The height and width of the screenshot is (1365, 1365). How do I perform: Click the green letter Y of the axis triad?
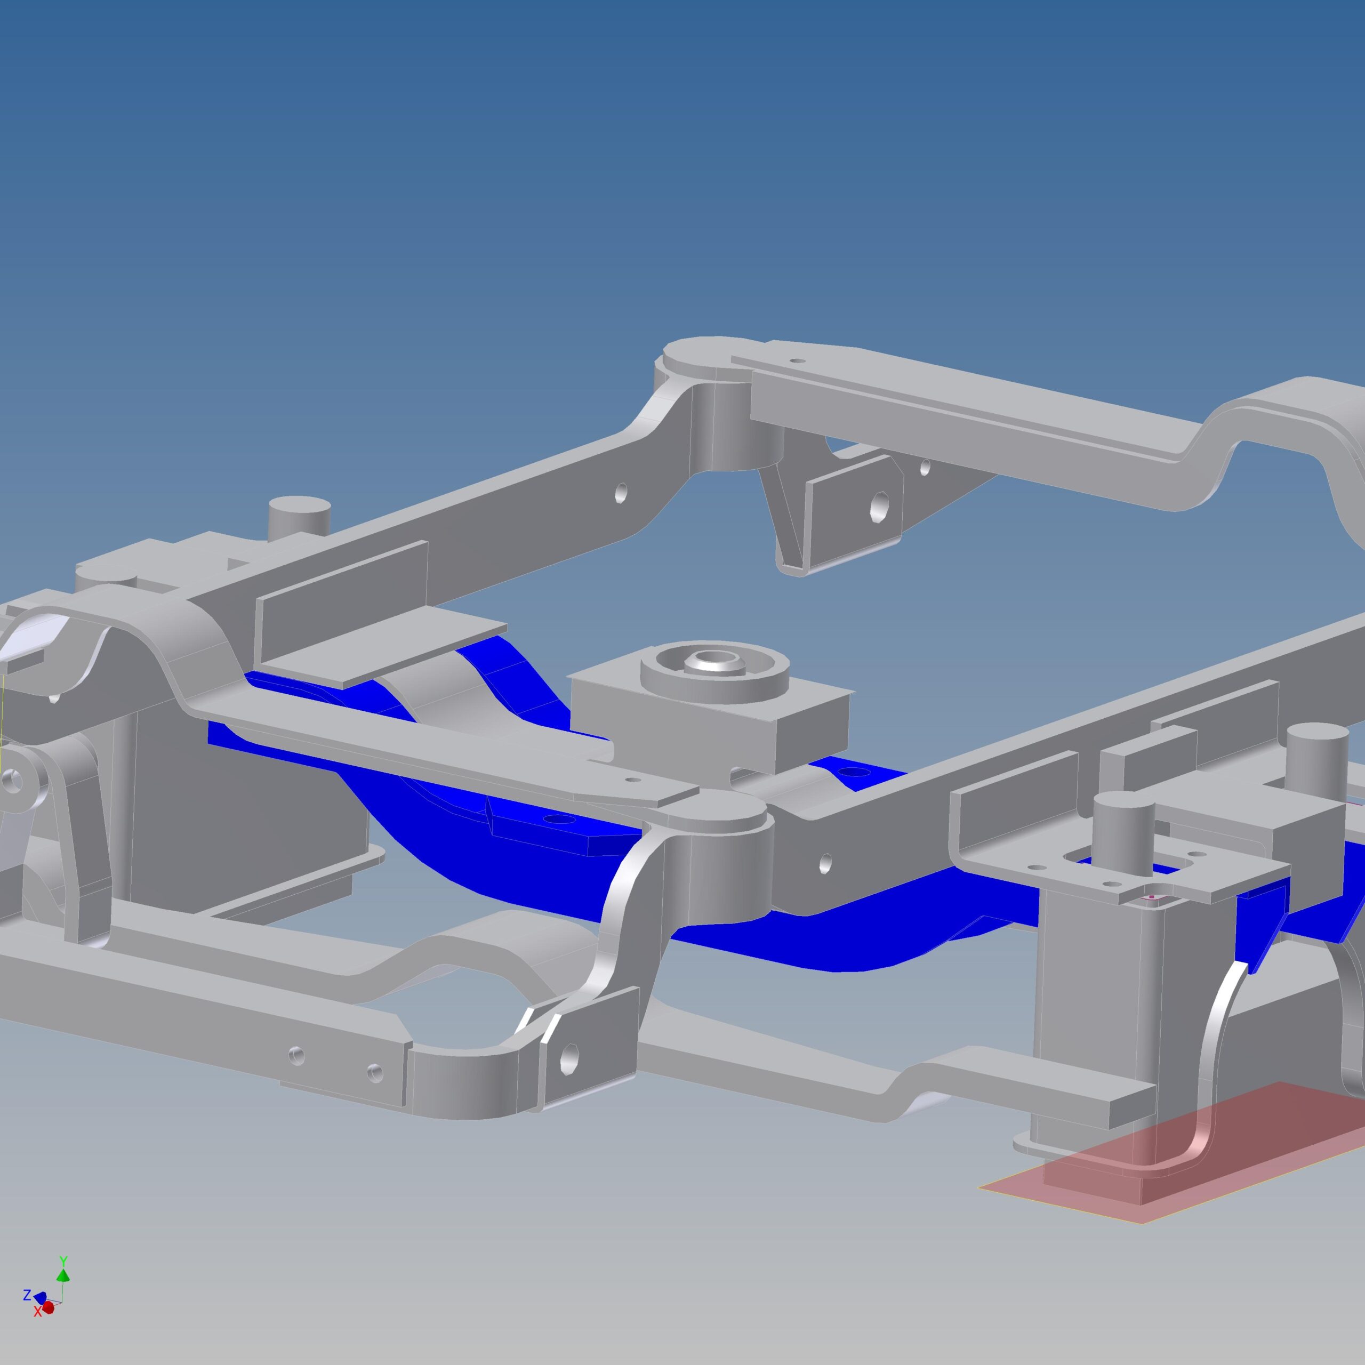(x=63, y=1261)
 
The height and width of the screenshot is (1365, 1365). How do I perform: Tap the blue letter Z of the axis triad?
(x=27, y=1296)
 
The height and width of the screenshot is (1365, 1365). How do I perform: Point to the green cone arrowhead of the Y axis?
(x=63, y=1274)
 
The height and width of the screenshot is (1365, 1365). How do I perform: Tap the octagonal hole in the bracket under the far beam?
(x=880, y=506)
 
